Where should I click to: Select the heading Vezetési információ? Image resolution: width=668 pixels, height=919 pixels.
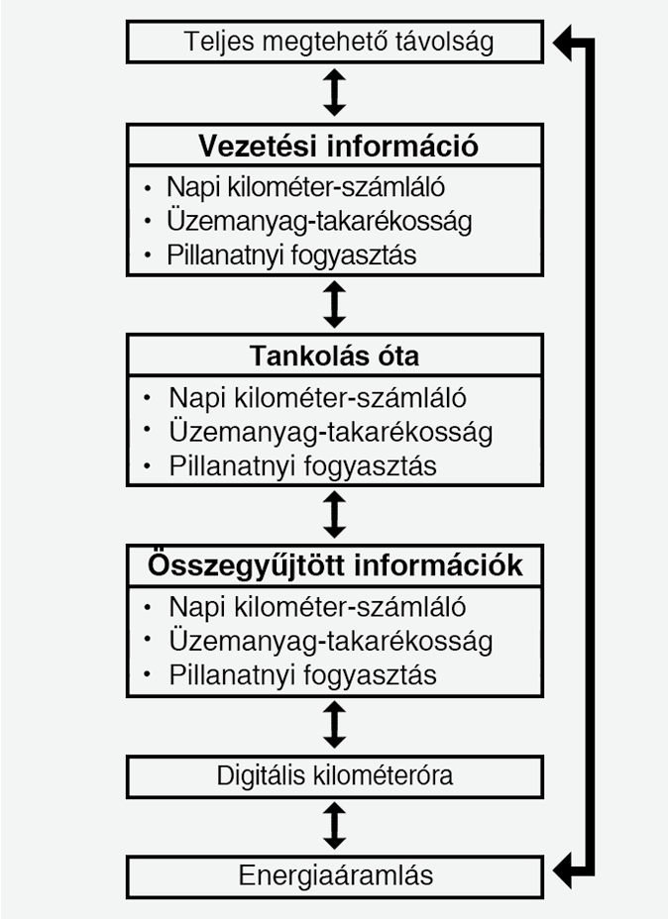point(337,147)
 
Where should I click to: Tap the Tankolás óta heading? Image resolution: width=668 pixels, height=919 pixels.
point(335,355)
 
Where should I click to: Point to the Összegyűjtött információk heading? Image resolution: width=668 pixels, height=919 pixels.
point(335,565)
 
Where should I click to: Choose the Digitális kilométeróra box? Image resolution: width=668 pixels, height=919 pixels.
point(335,775)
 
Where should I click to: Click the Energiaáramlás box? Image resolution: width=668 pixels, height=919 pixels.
point(335,875)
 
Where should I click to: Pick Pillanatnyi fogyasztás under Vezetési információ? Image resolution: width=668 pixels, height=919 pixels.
point(291,255)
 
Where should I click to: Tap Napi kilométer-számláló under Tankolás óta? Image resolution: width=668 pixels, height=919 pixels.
point(317,398)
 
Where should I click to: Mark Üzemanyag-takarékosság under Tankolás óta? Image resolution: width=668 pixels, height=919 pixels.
point(330,432)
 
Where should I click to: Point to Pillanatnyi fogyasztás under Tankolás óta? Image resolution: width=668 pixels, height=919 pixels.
point(302,465)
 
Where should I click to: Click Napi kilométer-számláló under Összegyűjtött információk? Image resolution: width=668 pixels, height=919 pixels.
point(317,607)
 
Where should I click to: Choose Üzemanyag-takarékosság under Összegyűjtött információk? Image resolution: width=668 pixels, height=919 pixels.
point(330,641)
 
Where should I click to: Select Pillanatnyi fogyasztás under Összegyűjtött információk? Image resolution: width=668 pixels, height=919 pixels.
point(302,675)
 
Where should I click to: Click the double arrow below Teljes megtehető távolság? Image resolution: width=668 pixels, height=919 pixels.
point(335,92)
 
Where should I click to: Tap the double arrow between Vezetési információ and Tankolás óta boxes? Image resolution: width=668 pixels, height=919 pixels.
point(335,304)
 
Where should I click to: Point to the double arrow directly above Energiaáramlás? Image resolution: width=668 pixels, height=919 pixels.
point(335,826)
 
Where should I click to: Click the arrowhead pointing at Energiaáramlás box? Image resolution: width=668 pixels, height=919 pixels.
point(566,872)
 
